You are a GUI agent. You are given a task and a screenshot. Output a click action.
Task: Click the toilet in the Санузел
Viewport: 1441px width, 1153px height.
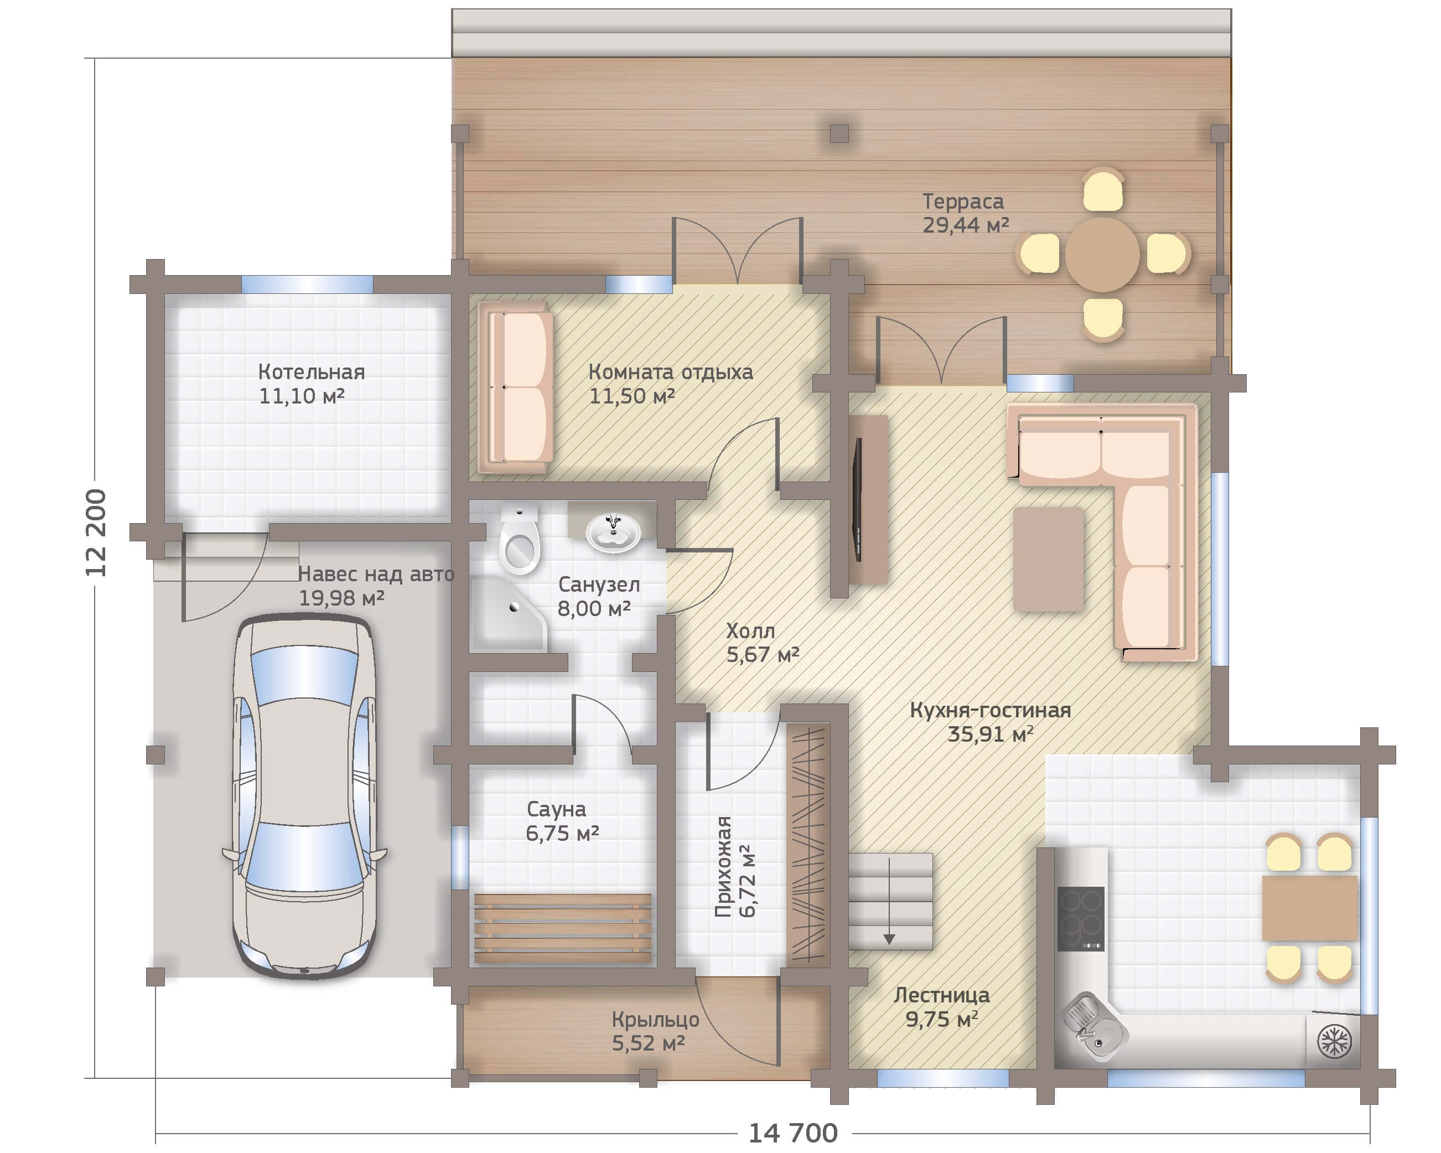[x=519, y=539]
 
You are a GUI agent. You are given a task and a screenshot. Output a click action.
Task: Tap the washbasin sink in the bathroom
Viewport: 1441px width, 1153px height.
[x=613, y=531]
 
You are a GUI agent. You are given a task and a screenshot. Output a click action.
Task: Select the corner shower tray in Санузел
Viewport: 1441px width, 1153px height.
[x=508, y=614]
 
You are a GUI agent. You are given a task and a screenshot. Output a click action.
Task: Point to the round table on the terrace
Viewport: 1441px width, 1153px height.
[x=1102, y=254]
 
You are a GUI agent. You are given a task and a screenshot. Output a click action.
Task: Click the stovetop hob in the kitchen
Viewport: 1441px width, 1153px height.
[x=1080, y=918]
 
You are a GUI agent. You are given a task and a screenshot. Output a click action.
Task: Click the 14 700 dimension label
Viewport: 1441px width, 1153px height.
[x=792, y=1133]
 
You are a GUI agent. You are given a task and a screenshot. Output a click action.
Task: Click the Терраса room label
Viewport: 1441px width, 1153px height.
[x=963, y=201]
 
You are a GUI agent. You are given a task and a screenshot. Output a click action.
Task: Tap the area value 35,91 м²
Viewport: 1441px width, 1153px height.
[x=991, y=734]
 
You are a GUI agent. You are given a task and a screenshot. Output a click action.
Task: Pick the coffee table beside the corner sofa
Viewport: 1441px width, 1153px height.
[x=1048, y=559]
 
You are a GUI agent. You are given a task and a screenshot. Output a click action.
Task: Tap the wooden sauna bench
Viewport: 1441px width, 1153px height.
[x=563, y=928]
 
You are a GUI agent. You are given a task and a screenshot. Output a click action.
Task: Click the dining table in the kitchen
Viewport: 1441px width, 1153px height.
[x=1309, y=908]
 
